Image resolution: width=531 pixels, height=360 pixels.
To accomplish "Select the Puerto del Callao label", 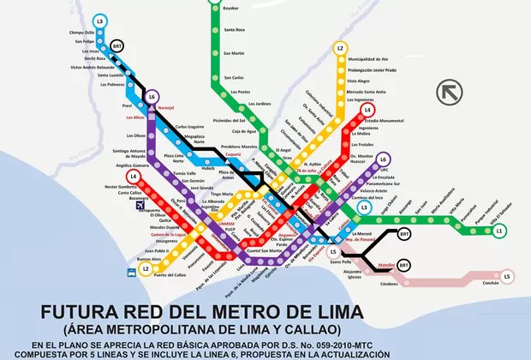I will pyautogui.click(x=171, y=275).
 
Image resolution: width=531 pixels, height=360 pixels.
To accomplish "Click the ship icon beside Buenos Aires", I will pyautogui.click(x=131, y=272).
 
